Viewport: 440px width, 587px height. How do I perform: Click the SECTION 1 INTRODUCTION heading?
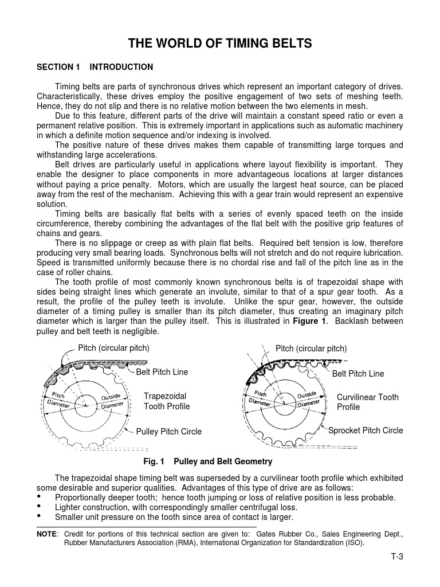95,67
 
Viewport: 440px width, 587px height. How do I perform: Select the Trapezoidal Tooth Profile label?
166,401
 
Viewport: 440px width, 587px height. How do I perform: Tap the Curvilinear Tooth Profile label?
367,402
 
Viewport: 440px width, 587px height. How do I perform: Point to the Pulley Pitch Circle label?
168,431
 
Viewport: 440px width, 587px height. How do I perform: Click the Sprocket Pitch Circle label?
366,431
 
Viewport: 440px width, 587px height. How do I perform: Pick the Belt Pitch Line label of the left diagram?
162,372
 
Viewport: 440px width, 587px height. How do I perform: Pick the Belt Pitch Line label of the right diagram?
358,374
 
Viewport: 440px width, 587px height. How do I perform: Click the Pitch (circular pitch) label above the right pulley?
311,349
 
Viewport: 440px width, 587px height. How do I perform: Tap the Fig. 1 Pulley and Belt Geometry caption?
208,461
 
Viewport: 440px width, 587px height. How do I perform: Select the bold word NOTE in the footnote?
46,534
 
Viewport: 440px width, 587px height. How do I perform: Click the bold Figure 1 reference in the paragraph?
309,321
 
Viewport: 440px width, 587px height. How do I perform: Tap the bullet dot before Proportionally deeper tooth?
40,496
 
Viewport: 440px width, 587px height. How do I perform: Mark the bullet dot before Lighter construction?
40,507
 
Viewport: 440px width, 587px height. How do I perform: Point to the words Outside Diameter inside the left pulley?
112,401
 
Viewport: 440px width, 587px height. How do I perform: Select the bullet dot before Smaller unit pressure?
40,517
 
